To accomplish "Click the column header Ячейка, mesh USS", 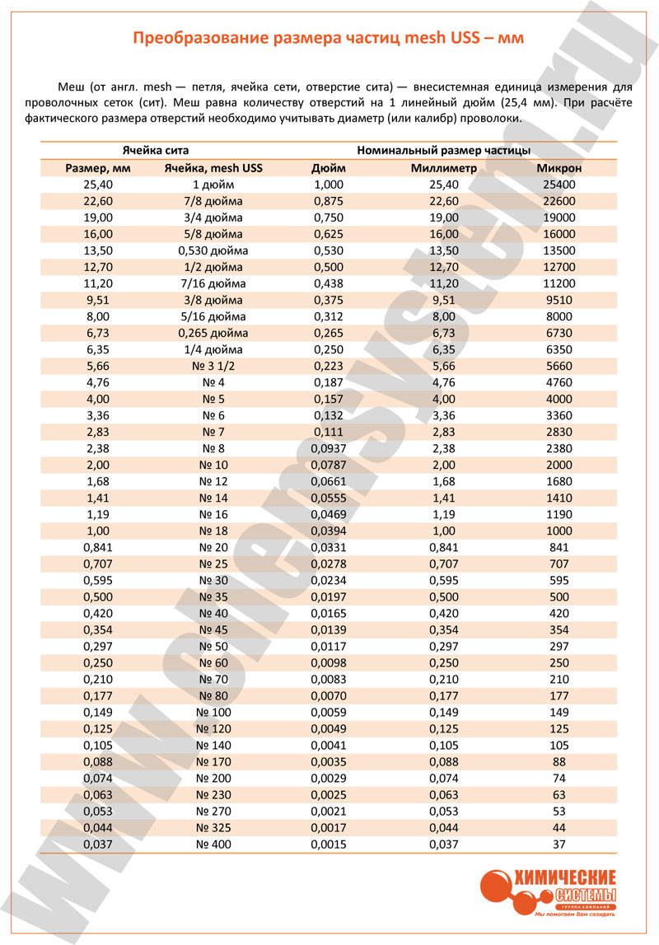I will [213, 168].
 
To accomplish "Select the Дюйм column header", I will [329, 168].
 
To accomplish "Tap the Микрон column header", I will [559, 168].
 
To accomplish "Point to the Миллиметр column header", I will [444, 168].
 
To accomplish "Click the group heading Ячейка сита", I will [156, 151].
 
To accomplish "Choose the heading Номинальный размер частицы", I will [444, 151].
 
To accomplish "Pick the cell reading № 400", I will [213, 844].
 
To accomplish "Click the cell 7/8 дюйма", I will [213, 201].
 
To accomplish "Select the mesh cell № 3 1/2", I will [213, 366].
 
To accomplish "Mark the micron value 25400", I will [559, 185].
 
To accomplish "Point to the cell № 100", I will [213, 713].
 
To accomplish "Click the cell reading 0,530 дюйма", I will [213, 250].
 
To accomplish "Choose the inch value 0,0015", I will [329, 844].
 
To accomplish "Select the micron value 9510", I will [559, 300].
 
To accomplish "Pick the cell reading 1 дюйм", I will [213, 185].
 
